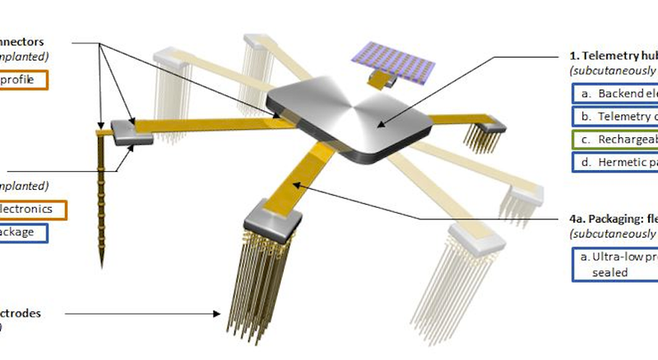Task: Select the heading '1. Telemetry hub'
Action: tap(613, 56)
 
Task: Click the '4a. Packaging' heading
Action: tap(613, 220)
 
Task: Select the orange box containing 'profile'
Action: tap(24, 80)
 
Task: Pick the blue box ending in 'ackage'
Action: tap(24, 233)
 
